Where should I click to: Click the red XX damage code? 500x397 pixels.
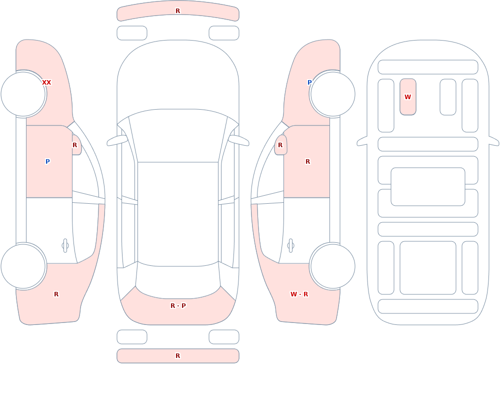(x=46, y=83)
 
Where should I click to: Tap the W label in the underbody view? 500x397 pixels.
(x=407, y=97)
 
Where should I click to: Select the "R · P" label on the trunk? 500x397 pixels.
(x=178, y=306)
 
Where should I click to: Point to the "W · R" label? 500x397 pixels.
(x=299, y=294)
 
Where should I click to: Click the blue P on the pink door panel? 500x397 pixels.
(x=47, y=162)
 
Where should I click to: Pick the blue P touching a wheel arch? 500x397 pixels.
(x=309, y=83)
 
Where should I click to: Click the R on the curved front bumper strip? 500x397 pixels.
(x=178, y=11)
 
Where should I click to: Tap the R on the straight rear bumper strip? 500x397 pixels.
(x=178, y=356)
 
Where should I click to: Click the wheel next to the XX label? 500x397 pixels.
(x=23, y=94)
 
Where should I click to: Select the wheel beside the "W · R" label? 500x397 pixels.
(x=332, y=266)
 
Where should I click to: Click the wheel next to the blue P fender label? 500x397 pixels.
(x=332, y=94)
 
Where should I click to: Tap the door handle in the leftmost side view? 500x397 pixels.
(x=65, y=246)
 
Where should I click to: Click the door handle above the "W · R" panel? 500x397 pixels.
(x=290, y=246)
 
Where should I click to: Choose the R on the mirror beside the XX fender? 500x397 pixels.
(x=74, y=145)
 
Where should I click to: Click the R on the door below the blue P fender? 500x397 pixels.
(x=307, y=162)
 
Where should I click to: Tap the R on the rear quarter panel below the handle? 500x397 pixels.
(x=56, y=294)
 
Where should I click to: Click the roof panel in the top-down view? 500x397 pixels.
(x=178, y=214)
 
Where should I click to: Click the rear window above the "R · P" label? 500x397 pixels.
(x=178, y=281)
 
